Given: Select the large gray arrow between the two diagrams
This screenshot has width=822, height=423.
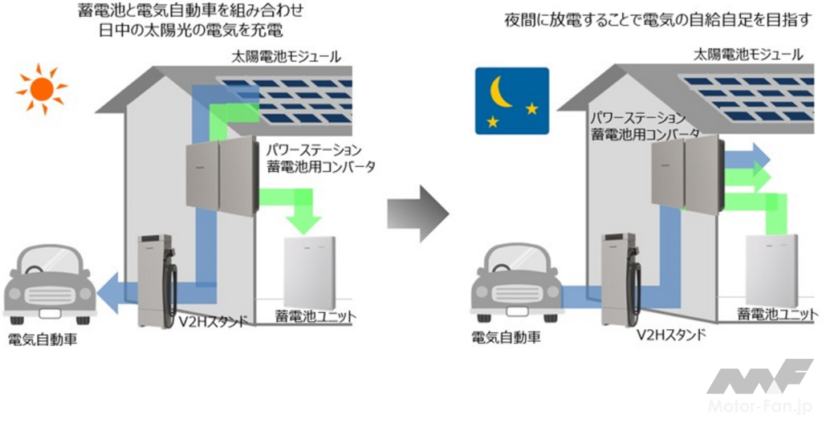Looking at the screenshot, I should coord(417,214).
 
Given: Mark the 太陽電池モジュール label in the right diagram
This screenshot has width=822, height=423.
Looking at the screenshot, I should coord(748,55).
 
